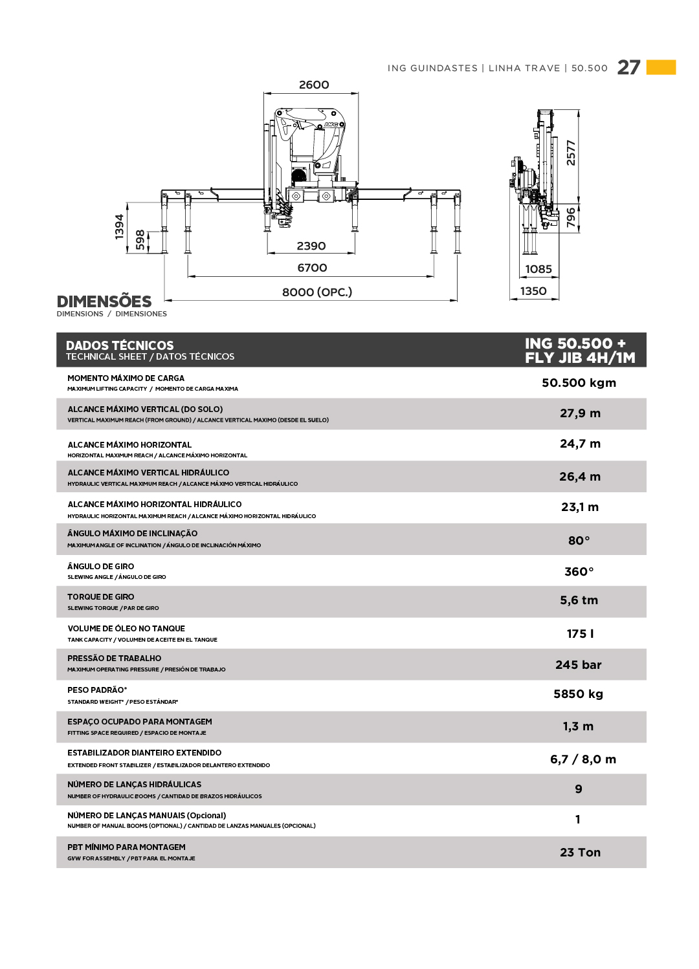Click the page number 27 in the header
(628, 67)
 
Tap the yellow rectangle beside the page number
(661, 67)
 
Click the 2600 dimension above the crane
(314, 85)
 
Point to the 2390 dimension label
(311, 246)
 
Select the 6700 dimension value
(312, 268)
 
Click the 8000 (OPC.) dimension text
(317, 292)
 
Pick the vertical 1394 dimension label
(120, 227)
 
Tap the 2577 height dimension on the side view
(571, 153)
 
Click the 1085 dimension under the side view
(538, 269)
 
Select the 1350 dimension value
(533, 291)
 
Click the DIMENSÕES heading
(104, 301)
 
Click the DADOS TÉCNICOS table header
(120, 345)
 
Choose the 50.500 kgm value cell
(579, 383)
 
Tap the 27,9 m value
(580, 413)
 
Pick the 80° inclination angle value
(579, 541)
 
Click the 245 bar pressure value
(578, 665)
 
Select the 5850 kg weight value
(578, 694)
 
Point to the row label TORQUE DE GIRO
(101, 597)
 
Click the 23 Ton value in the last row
(580, 853)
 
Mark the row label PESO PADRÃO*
(97, 690)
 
